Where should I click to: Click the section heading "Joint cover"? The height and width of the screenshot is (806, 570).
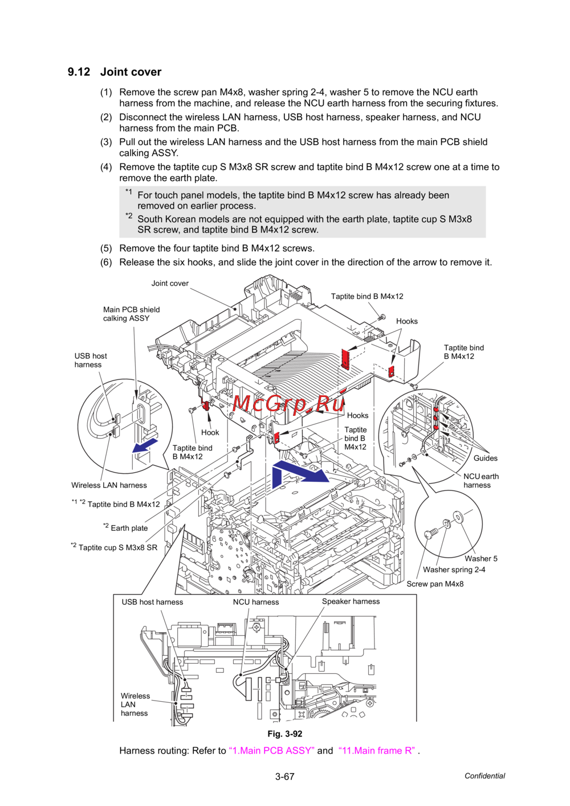(131, 72)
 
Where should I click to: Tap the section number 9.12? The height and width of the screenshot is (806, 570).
(79, 72)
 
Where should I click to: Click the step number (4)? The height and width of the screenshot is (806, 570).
(106, 167)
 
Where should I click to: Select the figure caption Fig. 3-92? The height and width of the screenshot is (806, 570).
(284, 734)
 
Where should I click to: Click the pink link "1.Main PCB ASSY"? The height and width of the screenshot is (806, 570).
(271, 750)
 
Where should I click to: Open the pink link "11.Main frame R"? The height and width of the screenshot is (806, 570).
(377, 750)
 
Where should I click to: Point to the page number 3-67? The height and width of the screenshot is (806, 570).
(284, 776)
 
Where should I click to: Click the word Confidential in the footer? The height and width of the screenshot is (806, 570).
(484, 776)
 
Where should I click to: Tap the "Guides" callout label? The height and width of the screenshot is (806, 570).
(485, 458)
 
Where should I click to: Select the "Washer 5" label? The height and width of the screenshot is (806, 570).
(481, 558)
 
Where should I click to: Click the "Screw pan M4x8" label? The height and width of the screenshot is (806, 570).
(435, 584)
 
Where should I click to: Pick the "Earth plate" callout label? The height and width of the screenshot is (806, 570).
(129, 528)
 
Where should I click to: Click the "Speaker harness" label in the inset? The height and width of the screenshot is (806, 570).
(351, 602)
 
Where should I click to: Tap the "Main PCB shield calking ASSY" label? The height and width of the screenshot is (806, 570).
(131, 314)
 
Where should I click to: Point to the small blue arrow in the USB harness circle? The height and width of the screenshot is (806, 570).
(145, 445)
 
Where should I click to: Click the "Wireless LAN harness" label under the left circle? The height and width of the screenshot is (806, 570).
(109, 485)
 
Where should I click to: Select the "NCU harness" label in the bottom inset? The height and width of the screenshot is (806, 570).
(256, 602)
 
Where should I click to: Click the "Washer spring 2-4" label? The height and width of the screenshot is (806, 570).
(454, 570)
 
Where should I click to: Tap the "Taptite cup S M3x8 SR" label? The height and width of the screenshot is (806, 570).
(117, 547)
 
